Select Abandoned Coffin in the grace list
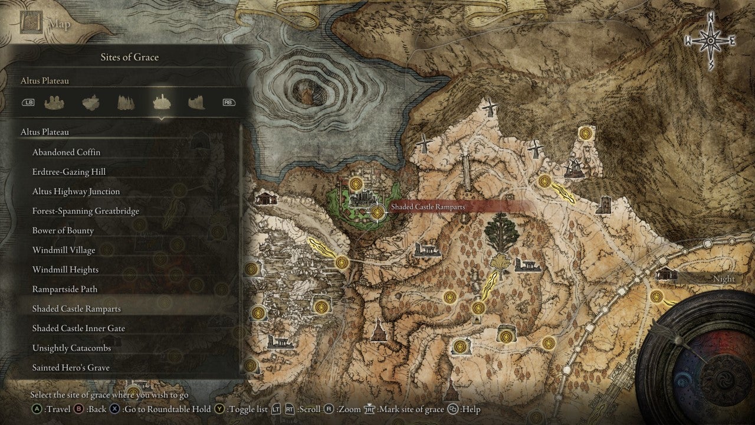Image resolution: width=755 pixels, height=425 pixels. (66, 152)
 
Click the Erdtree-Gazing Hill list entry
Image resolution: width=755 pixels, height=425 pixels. (69, 172)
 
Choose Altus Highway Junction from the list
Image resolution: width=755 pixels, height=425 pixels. (75, 191)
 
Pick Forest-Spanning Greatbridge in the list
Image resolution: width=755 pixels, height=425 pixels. (86, 211)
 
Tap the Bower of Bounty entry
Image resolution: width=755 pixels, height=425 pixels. (63, 230)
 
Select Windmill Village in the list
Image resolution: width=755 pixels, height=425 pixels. (64, 250)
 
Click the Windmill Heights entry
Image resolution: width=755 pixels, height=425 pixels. (65, 270)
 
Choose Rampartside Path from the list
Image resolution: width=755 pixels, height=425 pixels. (65, 289)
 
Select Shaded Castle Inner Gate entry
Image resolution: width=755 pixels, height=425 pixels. (78, 328)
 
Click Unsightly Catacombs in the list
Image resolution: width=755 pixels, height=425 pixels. (71, 348)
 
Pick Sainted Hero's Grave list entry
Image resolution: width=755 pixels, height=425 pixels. (71, 367)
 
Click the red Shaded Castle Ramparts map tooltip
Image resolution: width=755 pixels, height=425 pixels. (428, 207)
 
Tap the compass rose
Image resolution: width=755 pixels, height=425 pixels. (710, 41)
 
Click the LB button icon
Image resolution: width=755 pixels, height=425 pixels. (28, 102)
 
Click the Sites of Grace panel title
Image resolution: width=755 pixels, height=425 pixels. (130, 57)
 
